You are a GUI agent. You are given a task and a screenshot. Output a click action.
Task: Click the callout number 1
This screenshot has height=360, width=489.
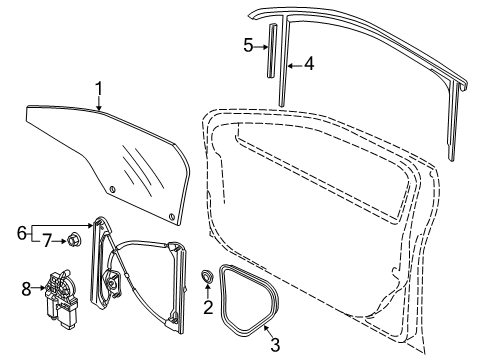coord(98,89)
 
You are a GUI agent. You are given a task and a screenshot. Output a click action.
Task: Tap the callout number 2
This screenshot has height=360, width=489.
coord(208,307)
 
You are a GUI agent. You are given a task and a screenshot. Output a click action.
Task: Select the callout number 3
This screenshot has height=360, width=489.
coord(275,344)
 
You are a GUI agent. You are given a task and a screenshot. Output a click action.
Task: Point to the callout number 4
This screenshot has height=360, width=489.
coord(309,64)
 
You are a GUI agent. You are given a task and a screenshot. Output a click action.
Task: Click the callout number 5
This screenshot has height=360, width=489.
coord(248,45)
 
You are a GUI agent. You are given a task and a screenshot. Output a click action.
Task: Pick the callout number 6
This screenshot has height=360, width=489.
coord(21,233)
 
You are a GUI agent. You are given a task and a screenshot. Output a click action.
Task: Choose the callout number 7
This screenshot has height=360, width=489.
coord(47,240)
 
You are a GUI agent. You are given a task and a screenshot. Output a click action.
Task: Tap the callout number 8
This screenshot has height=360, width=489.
coord(26,289)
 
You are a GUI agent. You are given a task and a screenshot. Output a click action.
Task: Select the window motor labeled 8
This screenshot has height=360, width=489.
coord(61,298)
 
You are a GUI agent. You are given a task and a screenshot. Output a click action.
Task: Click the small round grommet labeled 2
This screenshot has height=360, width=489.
coord(207,277)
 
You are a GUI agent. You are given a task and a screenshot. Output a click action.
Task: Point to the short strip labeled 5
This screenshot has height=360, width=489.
coord(272,50)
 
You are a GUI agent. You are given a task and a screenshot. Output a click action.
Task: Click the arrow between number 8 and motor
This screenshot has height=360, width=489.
coord(39,287)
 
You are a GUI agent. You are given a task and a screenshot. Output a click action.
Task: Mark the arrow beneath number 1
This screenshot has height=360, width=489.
coord(99,103)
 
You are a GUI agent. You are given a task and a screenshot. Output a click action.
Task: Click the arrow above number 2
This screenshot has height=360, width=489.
coord(207,291)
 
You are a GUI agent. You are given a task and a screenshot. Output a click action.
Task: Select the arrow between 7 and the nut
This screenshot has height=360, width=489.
coord(60,241)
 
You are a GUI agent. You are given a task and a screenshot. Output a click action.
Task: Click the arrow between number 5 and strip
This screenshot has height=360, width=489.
coord(261,47)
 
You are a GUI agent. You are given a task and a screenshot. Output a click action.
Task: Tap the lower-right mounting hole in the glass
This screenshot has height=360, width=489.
coord(172,217)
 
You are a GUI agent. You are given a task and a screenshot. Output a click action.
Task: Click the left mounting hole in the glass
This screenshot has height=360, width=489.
coord(113,190)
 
